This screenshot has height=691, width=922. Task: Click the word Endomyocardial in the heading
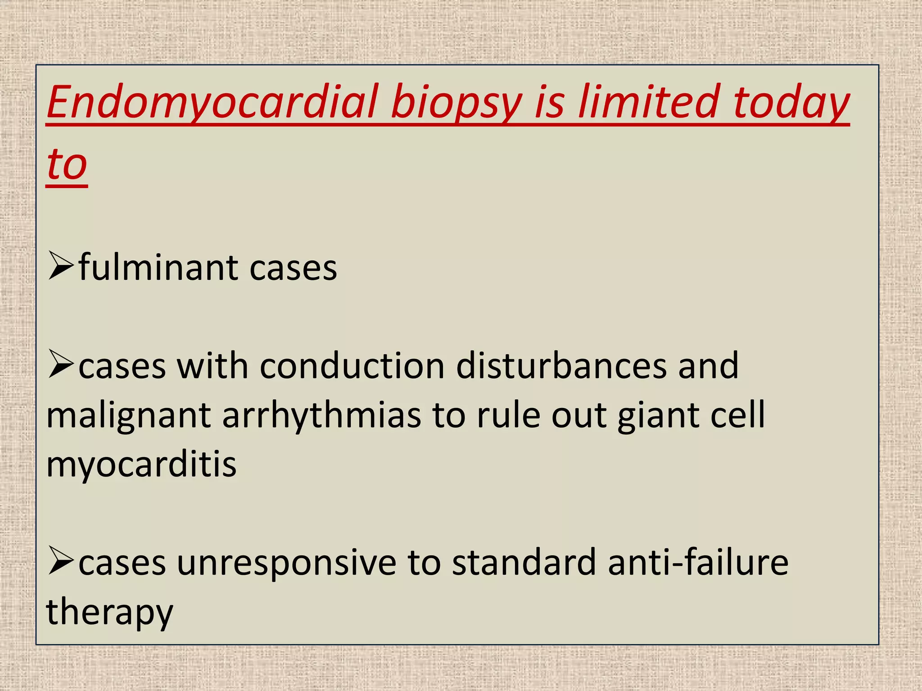pos(212,103)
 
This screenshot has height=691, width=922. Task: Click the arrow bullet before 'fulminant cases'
pos(60,267)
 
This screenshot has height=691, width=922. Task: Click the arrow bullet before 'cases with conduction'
pos(60,365)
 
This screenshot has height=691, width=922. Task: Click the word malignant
pos(129,416)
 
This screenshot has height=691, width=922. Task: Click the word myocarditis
pos(141,465)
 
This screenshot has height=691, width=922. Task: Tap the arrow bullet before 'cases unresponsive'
pos(60,561)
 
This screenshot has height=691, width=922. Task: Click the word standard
pos(524,562)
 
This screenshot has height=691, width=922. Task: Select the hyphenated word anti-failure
pos(697,562)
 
